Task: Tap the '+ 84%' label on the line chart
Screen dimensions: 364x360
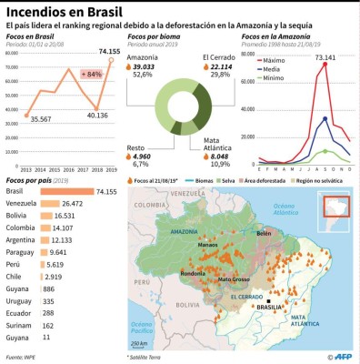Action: click(91, 74)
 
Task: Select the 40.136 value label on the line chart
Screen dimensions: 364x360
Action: click(98, 116)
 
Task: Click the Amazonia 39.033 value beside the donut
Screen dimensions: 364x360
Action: click(143, 67)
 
